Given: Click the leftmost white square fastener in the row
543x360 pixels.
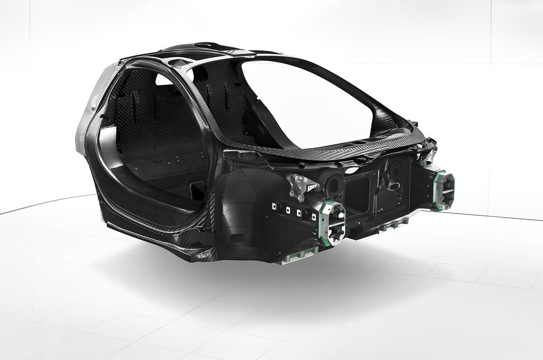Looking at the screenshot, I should pyautogui.click(x=274, y=206).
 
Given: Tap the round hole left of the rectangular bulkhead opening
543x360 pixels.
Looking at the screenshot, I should pyautogui.click(x=334, y=184).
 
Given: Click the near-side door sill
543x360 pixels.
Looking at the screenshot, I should pyautogui.click(x=149, y=226).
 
